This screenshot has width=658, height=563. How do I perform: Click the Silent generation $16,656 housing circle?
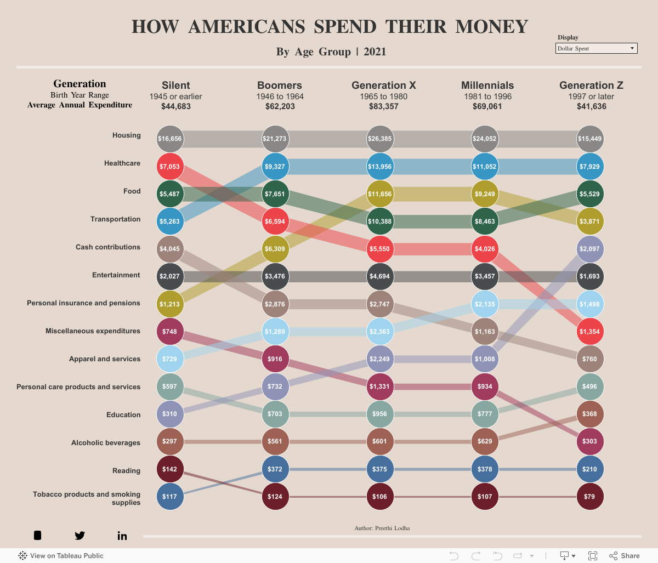[170, 139]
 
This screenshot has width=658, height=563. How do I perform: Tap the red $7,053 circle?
[170, 167]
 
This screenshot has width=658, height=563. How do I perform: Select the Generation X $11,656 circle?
[380, 194]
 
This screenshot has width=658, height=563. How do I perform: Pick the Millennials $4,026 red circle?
[485, 249]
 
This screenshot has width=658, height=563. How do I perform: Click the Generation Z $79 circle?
[590, 497]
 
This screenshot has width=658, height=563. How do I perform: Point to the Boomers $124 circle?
[275, 497]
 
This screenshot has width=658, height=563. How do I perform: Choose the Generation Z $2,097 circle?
[590, 249]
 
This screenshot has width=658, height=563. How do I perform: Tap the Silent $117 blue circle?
[170, 497]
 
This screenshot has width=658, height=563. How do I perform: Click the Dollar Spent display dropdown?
[596, 48]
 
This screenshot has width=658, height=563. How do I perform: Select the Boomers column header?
[280, 86]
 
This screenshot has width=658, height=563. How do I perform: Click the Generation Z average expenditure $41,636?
[591, 106]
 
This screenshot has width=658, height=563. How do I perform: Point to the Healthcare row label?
[122, 163]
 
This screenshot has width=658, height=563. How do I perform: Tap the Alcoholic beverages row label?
[106, 443]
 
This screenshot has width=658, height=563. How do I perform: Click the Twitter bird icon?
[80, 536]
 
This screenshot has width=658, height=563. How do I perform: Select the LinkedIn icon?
[122, 536]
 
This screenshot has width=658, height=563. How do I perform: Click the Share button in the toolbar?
[625, 555]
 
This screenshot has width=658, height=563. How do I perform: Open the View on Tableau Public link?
[61, 555]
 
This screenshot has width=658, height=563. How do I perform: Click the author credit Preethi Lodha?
[382, 528]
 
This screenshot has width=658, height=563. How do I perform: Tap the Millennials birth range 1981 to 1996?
[487, 96]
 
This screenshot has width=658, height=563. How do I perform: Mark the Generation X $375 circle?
[380, 469]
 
